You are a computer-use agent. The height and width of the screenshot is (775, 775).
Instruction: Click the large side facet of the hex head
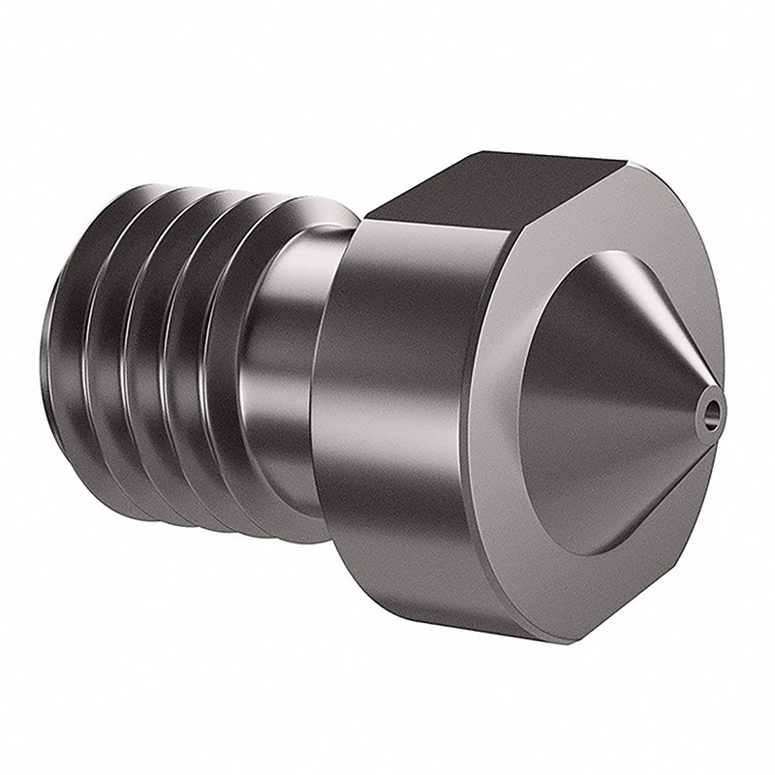click(x=407, y=407)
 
